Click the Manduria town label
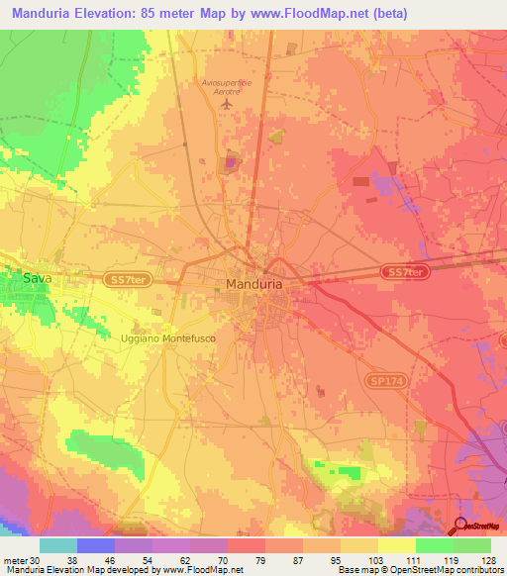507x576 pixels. [254, 284]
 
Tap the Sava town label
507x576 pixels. [38, 280]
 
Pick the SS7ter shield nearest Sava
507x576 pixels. [123, 281]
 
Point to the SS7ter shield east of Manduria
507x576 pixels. [404, 272]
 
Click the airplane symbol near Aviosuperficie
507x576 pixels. [228, 103]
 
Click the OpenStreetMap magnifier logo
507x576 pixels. [462, 526]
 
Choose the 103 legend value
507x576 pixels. [363, 559]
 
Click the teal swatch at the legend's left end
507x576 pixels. [58, 545]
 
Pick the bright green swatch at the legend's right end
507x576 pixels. [471, 545]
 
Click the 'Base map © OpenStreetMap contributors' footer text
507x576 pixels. [419, 570]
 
